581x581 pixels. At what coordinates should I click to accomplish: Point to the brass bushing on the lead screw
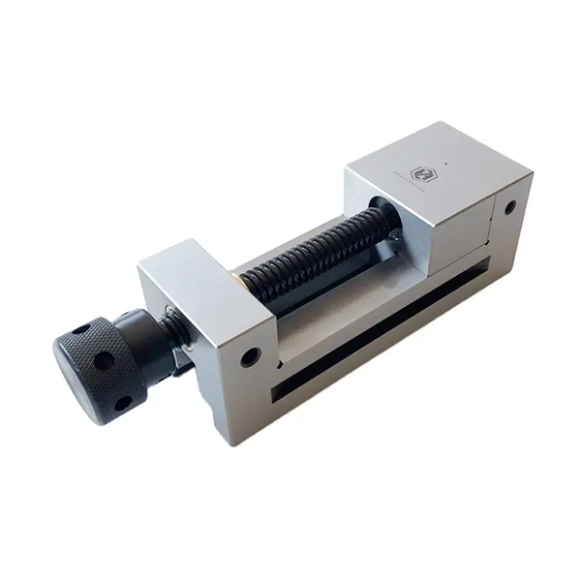239,280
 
